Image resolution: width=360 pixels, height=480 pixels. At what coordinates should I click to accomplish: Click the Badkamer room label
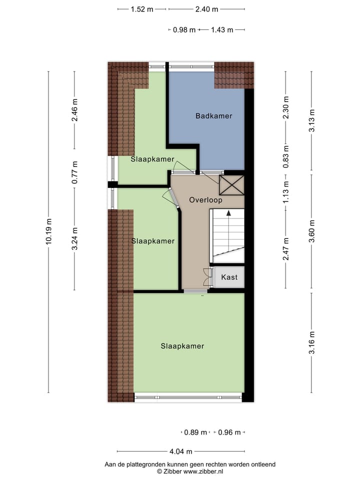[213, 116]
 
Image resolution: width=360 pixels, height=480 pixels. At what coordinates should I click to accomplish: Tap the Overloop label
[205, 200]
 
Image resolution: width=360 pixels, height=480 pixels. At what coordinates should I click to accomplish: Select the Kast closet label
[229, 277]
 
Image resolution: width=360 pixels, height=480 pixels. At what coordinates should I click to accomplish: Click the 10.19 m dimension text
[48, 231]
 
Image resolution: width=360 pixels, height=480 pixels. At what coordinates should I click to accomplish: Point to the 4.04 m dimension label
[180, 451]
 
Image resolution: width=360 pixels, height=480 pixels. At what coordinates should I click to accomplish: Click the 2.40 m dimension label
[206, 9]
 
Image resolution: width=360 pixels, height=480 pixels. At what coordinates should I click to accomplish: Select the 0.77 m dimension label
[74, 172]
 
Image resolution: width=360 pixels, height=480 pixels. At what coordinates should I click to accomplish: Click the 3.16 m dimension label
[311, 342]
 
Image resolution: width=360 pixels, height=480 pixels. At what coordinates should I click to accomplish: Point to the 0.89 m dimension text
[195, 432]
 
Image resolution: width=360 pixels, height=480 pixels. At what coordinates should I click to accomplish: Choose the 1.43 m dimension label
[222, 29]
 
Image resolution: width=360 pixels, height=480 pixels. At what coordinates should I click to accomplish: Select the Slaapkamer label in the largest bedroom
[182, 346]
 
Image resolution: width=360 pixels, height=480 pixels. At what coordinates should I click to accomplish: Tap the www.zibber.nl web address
[203, 471]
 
